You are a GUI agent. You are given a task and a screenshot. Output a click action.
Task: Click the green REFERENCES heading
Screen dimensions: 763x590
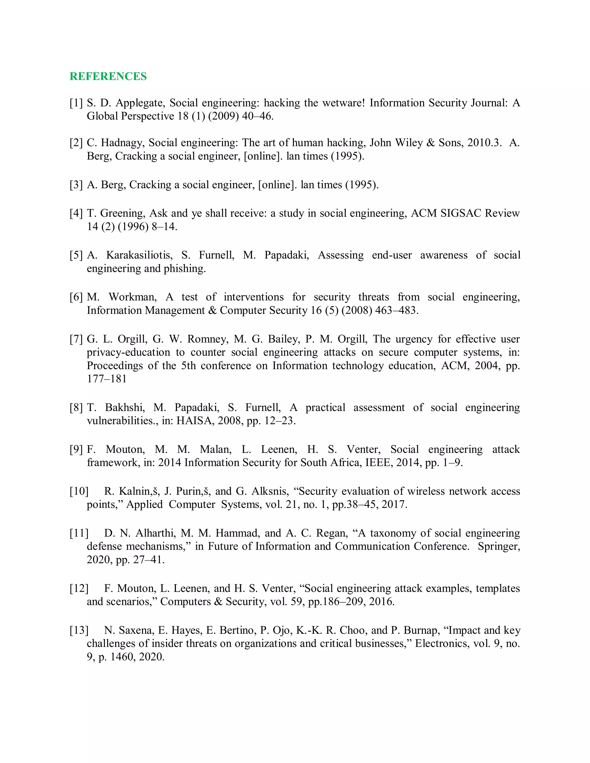[x=108, y=76]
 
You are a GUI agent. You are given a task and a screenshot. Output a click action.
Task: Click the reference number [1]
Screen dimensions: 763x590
[x=76, y=103]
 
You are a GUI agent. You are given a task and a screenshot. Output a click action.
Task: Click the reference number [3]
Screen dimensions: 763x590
[x=76, y=185]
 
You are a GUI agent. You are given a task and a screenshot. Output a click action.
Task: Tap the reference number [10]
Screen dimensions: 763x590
[x=79, y=491]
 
